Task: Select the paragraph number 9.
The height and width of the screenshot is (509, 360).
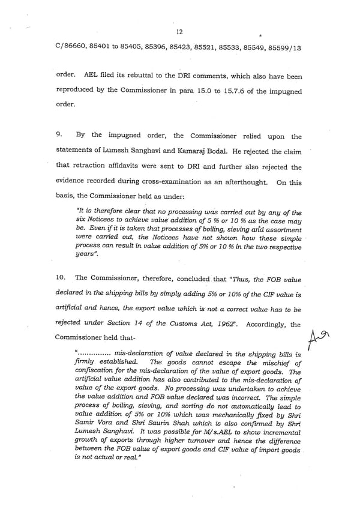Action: pos(60,136)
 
